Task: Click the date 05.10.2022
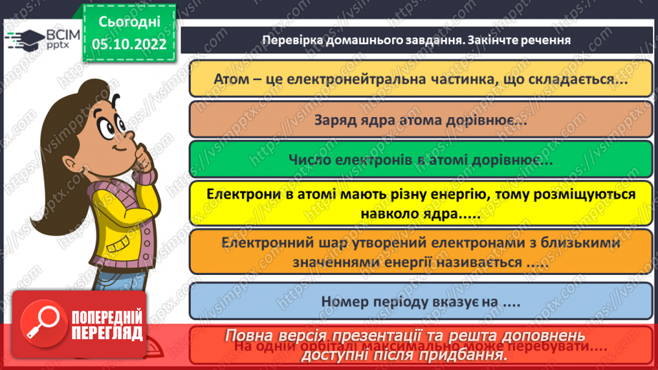(129, 44)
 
